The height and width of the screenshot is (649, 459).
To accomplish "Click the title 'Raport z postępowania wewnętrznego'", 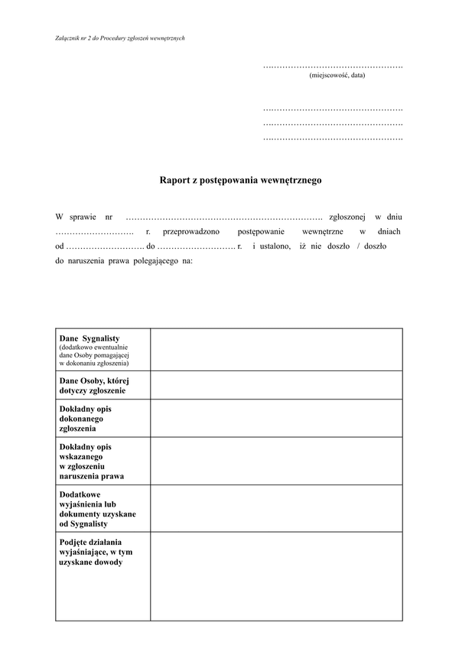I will click(240, 181).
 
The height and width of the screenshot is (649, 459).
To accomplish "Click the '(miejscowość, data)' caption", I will click(337, 76).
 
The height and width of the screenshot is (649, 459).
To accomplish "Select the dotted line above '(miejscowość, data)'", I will click(333, 67).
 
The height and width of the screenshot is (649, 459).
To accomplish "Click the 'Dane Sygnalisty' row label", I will click(90, 338).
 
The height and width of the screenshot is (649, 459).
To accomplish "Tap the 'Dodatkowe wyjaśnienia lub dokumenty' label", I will click(96, 509).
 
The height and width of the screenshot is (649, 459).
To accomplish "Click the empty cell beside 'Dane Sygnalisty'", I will click(276, 350).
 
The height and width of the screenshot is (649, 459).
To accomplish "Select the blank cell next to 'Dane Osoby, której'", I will click(276, 385).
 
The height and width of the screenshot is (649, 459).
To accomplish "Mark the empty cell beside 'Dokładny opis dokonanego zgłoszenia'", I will click(276, 418).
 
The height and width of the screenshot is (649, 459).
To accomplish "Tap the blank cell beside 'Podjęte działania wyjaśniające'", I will click(276, 577).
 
